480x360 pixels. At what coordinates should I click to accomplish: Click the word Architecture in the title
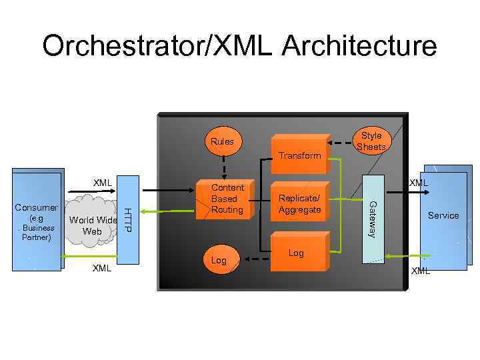pyautogui.click(x=360, y=47)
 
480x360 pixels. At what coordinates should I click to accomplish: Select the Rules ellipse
pyautogui.click(x=222, y=141)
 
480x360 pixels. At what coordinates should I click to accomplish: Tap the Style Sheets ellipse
pyautogui.click(x=371, y=141)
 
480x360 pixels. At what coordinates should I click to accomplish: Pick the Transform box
pyautogui.click(x=299, y=155)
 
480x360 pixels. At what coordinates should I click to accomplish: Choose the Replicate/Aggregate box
pyautogui.click(x=299, y=205)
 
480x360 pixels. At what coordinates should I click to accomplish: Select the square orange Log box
pyautogui.click(x=298, y=253)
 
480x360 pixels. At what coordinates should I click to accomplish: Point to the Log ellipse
pyautogui.click(x=219, y=260)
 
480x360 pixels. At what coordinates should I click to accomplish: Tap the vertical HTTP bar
pyautogui.click(x=128, y=220)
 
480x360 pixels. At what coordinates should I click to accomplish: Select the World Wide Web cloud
pyautogui.click(x=93, y=223)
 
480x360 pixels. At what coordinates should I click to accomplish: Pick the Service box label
pyautogui.click(x=443, y=215)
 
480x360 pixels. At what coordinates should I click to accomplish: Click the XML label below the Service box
pyautogui.click(x=421, y=271)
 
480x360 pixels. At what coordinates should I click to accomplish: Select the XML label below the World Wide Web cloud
pyautogui.click(x=101, y=268)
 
